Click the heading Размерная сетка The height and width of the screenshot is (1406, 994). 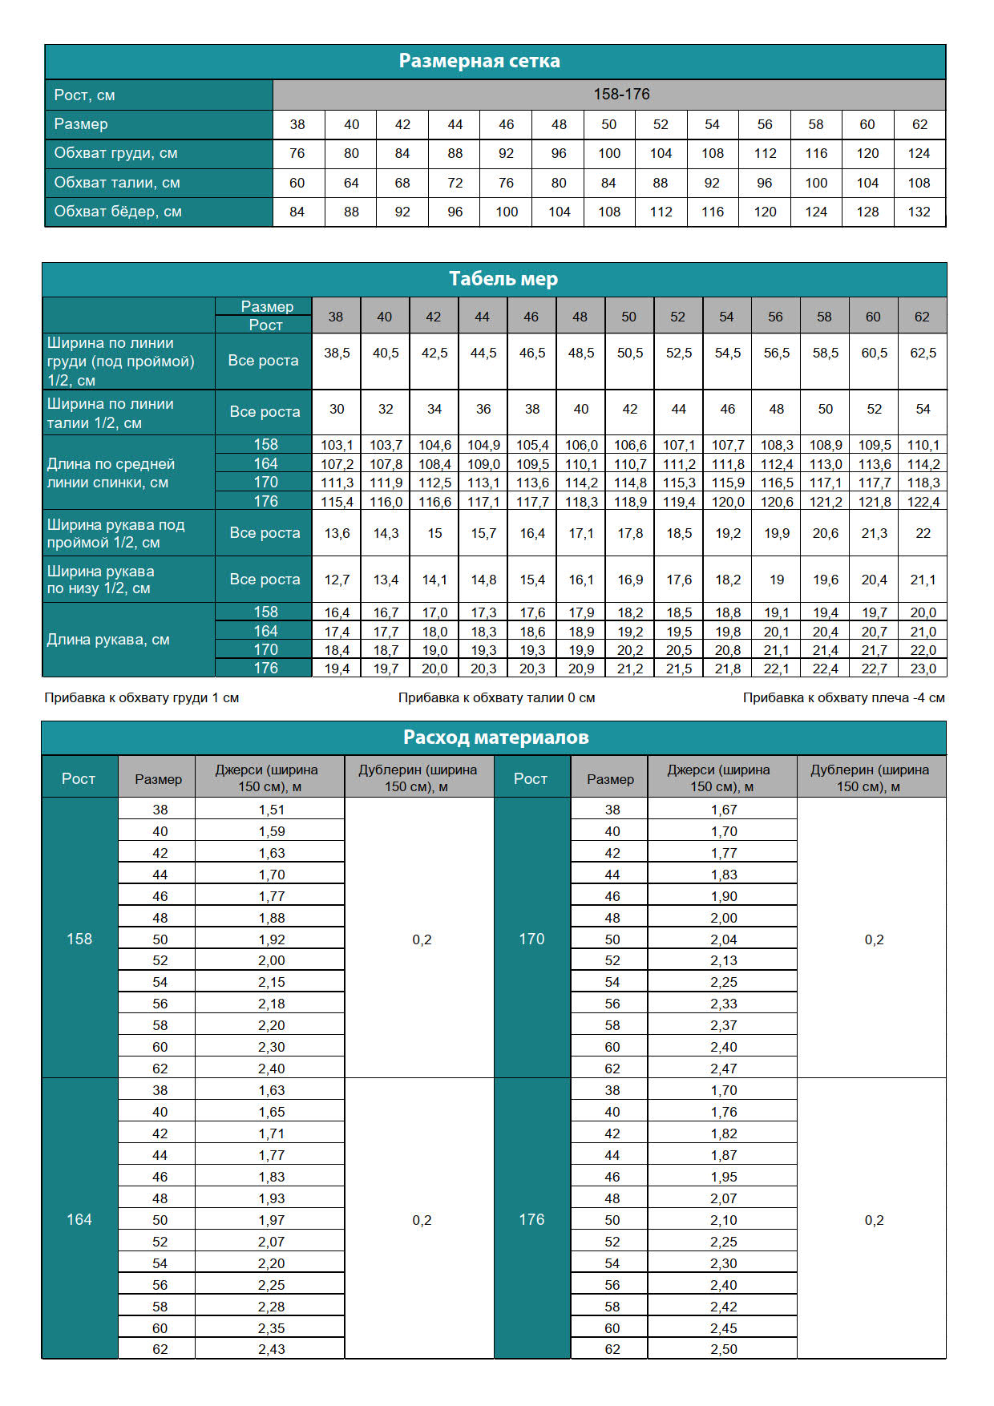[479, 61]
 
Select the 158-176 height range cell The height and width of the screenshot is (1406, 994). [621, 95]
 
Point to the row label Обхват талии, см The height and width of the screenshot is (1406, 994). [117, 183]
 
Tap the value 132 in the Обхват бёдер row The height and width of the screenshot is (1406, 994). [919, 212]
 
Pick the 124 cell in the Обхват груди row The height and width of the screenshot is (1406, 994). [919, 154]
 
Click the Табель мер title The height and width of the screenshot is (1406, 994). [503, 279]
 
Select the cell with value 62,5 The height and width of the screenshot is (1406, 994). [923, 354]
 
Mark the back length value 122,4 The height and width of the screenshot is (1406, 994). [923, 502]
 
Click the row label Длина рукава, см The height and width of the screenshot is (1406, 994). [108, 640]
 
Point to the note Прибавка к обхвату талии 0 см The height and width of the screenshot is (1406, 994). [496, 698]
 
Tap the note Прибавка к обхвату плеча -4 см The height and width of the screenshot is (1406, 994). [843, 698]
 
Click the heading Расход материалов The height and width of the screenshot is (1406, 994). [495, 737]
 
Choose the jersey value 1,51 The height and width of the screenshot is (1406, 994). [271, 810]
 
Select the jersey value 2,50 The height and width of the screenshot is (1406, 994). [723, 1350]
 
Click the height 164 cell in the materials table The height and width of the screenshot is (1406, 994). [79, 1219]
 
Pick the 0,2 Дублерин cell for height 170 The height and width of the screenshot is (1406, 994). [874, 939]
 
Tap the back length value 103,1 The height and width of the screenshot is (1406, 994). [337, 446]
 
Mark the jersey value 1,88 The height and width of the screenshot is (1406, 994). [271, 919]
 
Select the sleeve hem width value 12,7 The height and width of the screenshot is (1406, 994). [337, 580]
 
